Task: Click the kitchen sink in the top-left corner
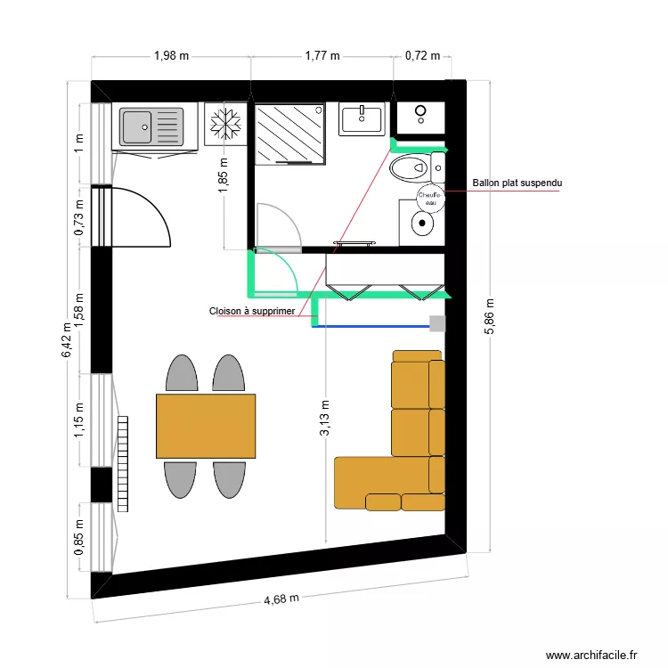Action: pos(151,126)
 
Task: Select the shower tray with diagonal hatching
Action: pos(291,134)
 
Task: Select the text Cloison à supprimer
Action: pos(252,311)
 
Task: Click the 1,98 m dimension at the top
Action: pos(171,55)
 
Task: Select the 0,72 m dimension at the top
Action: pos(422,55)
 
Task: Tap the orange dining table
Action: pos(206,426)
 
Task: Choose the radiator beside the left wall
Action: pos(122,463)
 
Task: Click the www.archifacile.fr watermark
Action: pos(591,654)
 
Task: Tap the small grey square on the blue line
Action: pos(436,324)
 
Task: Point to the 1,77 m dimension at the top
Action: pos(322,55)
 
